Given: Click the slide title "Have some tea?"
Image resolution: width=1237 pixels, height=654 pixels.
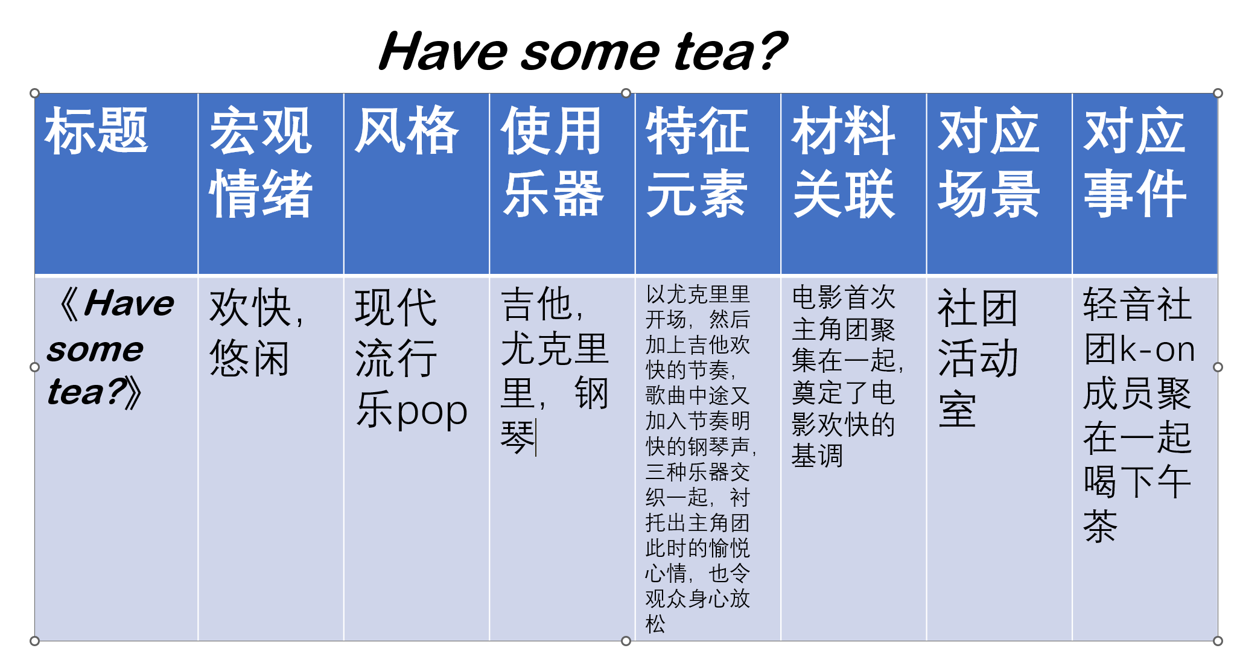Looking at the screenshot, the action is [583, 51].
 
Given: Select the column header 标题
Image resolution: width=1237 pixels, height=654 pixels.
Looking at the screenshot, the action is [97, 130].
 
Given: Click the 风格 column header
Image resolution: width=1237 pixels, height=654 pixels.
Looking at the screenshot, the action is [407, 130].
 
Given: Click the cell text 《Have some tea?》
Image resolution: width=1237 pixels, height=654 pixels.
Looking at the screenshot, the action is [111, 348].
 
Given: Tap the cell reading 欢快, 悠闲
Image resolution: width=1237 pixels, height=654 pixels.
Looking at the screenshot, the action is [257, 332].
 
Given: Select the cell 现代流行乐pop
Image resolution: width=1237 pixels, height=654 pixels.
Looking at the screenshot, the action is [411, 358].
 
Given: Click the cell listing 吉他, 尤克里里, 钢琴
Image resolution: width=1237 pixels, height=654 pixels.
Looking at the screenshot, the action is [555, 371].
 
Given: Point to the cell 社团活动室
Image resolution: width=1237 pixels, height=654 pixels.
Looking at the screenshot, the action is [978, 358].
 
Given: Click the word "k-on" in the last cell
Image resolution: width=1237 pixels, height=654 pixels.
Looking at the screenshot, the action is [1157, 349].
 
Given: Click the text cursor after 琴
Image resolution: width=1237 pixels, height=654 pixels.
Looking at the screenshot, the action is [536, 437].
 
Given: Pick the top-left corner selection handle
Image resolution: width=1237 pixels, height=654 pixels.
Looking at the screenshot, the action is [35, 93].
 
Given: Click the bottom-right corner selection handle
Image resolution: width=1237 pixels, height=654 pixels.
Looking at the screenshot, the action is [1218, 641].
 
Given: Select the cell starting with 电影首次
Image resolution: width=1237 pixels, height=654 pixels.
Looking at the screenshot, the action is [847, 376].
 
